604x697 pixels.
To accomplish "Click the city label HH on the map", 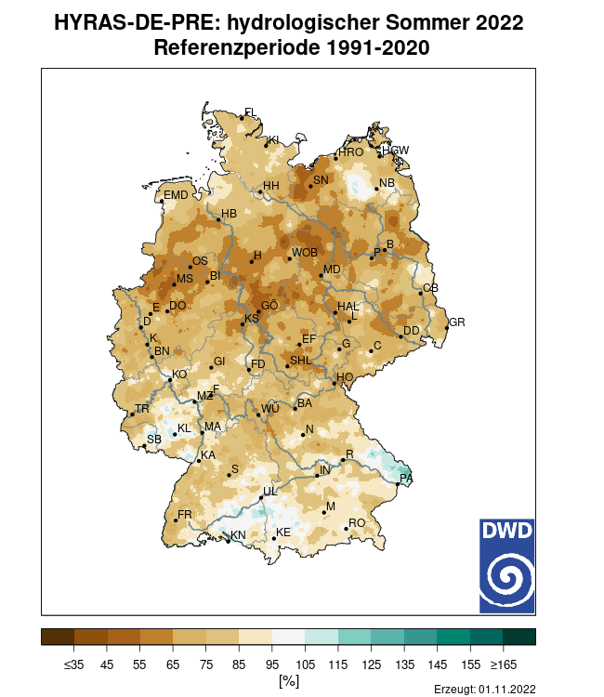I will [x=271, y=186].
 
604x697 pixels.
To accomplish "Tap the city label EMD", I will [x=176, y=195].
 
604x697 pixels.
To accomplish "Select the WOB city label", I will [x=305, y=253].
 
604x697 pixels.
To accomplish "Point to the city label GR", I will [x=456, y=322].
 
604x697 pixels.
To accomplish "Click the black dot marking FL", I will [x=242, y=117].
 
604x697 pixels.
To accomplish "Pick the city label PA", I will [x=406, y=479].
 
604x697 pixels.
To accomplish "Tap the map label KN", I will [x=238, y=535].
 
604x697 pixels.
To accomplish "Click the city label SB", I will [x=154, y=440].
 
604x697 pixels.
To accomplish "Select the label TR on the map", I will [x=142, y=409].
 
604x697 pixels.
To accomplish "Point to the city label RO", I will [x=357, y=523].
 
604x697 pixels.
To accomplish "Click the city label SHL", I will [x=301, y=361].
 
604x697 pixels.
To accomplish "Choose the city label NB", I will [x=387, y=183].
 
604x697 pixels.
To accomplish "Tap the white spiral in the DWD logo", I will [x=507, y=579].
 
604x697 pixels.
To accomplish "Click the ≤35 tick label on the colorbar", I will [x=74, y=664].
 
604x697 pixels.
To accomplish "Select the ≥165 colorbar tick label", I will [x=503, y=664].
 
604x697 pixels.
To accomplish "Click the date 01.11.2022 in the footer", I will [x=507, y=689].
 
